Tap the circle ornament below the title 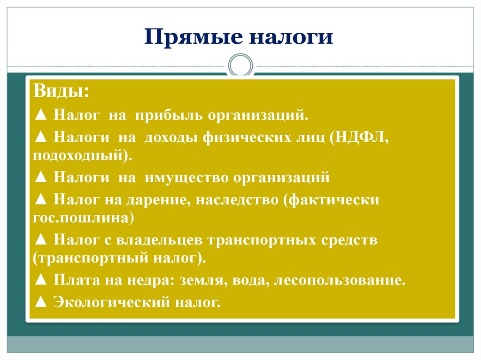pyautogui.click(x=240, y=66)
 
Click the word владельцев pyautogui.click(x=159, y=240)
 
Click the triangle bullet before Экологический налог pyautogui.click(x=40, y=302)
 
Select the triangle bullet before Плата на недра pyautogui.click(x=40, y=281)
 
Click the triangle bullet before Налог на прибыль pyautogui.click(x=40, y=115)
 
